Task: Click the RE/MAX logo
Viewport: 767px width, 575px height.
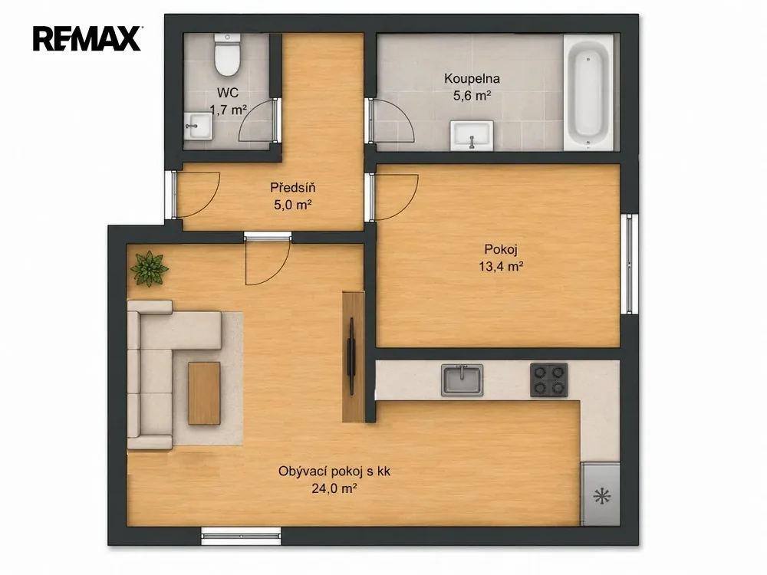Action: [x=87, y=38]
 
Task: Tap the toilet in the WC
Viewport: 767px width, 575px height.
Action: [x=228, y=55]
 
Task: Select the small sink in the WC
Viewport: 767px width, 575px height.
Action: [x=198, y=127]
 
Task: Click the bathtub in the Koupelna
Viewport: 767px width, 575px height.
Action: [x=588, y=93]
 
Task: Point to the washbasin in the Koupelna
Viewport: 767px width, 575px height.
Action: [x=472, y=135]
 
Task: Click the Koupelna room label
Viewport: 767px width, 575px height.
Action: [x=472, y=78]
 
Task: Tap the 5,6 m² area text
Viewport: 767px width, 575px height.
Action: [x=472, y=95]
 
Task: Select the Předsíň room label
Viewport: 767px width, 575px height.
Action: [x=292, y=187]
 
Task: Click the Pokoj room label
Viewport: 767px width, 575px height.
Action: [x=501, y=249]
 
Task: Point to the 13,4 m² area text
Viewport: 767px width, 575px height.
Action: [x=501, y=267]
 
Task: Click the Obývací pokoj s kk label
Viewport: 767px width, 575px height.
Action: [x=334, y=472]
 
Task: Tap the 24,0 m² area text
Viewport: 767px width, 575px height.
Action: [x=334, y=488]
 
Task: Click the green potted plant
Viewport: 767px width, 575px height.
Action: [x=149, y=268]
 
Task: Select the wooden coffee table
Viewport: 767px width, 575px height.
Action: [x=205, y=393]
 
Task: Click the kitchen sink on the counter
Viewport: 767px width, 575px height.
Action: [x=462, y=379]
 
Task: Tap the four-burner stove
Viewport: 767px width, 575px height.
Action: [x=549, y=380]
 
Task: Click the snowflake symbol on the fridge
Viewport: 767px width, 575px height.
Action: [x=601, y=497]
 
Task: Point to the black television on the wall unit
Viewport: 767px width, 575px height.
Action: [x=351, y=356]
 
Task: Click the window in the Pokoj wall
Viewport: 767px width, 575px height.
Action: [x=630, y=264]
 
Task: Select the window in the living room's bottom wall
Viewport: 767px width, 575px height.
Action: [x=241, y=536]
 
